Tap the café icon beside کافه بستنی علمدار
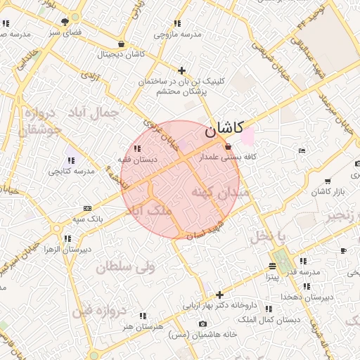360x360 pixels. (x=227, y=147)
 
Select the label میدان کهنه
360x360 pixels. (x=220, y=191)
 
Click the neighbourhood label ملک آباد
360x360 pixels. (x=152, y=210)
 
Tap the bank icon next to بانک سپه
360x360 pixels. (x=87, y=208)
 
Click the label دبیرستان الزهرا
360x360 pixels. (x=67, y=250)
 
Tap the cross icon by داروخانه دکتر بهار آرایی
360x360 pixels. (x=220, y=295)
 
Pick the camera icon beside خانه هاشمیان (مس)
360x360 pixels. (x=202, y=323)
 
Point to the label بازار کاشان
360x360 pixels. (x=325, y=192)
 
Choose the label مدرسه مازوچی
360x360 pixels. (x=177, y=34)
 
